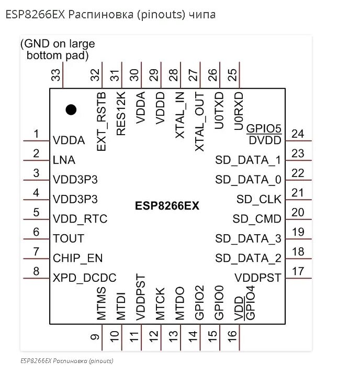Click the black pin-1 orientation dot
click(71, 109)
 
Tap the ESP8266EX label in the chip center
click(167, 206)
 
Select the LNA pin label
click(64, 160)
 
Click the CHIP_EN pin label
click(77, 258)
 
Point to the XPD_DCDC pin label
click(84, 278)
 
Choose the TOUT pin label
click(69, 239)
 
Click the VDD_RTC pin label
click(80, 219)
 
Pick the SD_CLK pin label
click(258, 199)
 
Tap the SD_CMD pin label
click(257, 219)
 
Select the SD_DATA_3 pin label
click(248, 239)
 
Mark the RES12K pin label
click(121, 114)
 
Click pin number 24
click(298, 134)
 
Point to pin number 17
click(298, 271)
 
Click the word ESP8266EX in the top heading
click(35, 15)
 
